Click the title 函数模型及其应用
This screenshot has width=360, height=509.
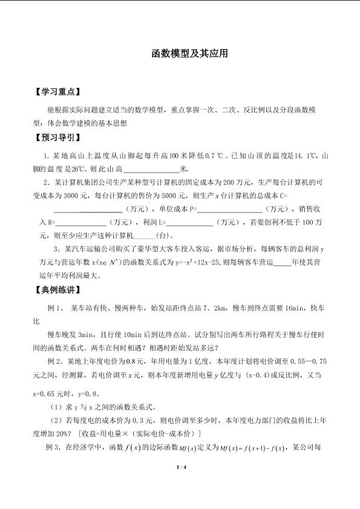180,54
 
